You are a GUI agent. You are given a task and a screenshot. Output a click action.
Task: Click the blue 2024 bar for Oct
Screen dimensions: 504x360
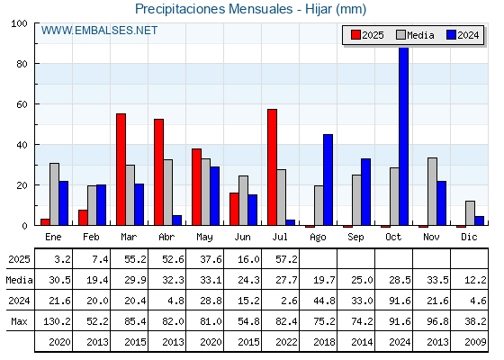tap(404, 136)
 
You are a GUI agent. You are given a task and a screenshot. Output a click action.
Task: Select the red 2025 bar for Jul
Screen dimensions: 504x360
tap(272, 167)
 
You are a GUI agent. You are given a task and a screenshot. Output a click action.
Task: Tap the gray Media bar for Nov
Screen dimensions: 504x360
tap(432, 192)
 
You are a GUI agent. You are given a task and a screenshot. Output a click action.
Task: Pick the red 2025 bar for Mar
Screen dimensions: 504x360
tap(121, 169)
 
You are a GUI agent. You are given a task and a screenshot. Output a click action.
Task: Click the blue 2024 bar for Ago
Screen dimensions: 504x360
tap(328, 180)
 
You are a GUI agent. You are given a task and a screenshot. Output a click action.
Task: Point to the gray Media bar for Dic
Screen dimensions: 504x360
tap(470, 213)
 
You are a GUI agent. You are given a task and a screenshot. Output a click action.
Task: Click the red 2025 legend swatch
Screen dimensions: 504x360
tap(355, 35)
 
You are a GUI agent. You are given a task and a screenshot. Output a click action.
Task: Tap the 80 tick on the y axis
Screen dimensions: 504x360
tap(22, 64)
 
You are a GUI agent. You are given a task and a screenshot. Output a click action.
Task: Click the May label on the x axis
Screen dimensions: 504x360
tap(205, 238)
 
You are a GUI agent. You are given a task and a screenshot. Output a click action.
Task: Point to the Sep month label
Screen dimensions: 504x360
tap(355, 238)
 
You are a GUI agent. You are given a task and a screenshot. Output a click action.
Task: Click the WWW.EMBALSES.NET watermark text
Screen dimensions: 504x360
tap(99, 31)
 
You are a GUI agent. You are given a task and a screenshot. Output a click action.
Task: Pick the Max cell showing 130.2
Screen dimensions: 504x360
tap(57, 321)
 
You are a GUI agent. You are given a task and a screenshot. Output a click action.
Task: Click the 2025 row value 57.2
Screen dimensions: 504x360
tap(286, 259)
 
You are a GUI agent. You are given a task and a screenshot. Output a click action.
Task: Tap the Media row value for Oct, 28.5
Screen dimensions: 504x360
tap(400, 280)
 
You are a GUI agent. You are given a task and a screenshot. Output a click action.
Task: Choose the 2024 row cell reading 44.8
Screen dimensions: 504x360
tap(324, 301)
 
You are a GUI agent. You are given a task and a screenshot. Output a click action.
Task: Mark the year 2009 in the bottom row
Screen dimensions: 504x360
tap(475, 342)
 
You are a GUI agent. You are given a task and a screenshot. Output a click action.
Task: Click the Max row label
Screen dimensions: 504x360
tap(19, 321)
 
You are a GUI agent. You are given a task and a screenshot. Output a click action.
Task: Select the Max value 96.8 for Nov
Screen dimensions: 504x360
tap(437, 321)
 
